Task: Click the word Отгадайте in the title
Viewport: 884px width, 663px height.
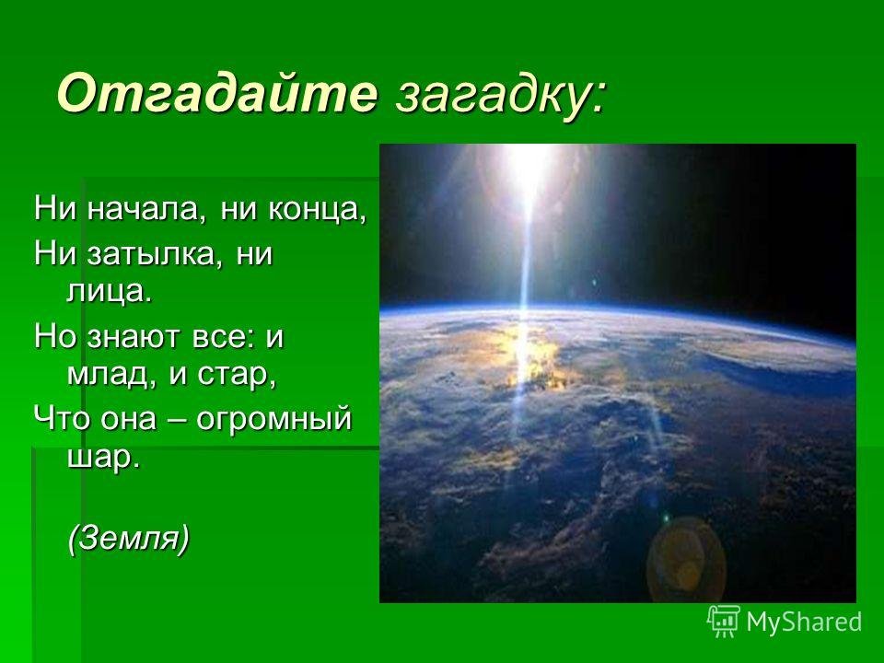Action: [x=217, y=93]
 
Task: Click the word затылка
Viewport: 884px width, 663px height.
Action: [x=149, y=255]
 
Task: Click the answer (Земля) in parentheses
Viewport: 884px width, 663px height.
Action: [x=129, y=539]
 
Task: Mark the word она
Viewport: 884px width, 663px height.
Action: [x=129, y=420]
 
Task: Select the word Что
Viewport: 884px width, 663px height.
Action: [x=62, y=419]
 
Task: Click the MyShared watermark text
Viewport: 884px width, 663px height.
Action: [x=804, y=622]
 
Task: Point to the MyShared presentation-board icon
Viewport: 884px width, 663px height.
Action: [x=724, y=622]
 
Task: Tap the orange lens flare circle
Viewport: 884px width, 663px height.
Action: [x=686, y=559]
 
